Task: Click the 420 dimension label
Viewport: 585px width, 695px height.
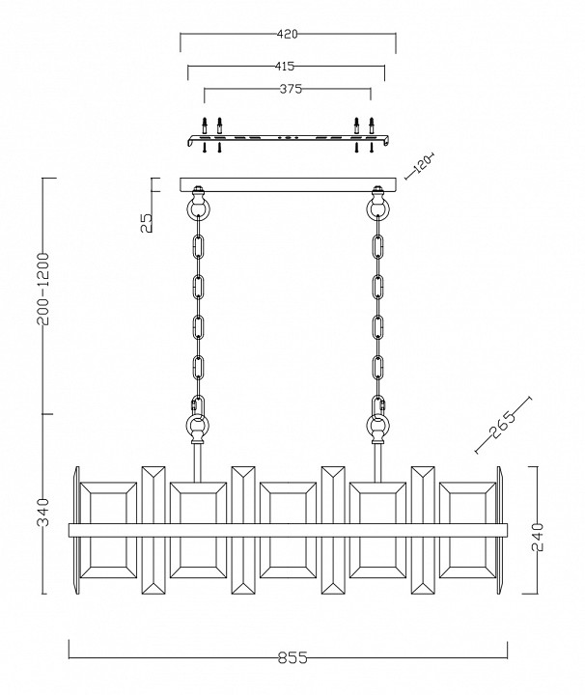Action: pyautogui.click(x=287, y=34)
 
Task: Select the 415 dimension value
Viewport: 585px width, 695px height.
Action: pyautogui.click(x=284, y=67)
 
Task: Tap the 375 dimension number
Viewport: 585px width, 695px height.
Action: pyautogui.click(x=291, y=89)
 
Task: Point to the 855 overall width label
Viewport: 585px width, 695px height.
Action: pyautogui.click(x=292, y=657)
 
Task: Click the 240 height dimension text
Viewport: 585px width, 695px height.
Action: pyautogui.click(x=537, y=537)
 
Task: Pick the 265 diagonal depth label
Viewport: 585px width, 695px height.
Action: pyautogui.click(x=502, y=425)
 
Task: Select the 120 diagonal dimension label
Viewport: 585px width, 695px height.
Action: pyautogui.click(x=421, y=164)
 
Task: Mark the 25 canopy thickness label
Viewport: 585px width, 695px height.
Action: pyautogui.click(x=147, y=223)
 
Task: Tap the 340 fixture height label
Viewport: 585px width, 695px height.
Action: pyautogui.click(x=43, y=513)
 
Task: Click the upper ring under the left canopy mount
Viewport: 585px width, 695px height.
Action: pyautogui.click(x=198, y=208)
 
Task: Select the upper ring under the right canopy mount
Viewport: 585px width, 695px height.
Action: pyautogui.click(x=377, y=208)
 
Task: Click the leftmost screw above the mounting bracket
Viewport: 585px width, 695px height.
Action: pyautogui.click(x=205, y=125)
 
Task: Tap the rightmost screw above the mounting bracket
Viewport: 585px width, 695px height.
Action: pyautogui.click(x=372, y=125)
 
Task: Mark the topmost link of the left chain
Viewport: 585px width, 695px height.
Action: pyautogui.click(x=198, y=247)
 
